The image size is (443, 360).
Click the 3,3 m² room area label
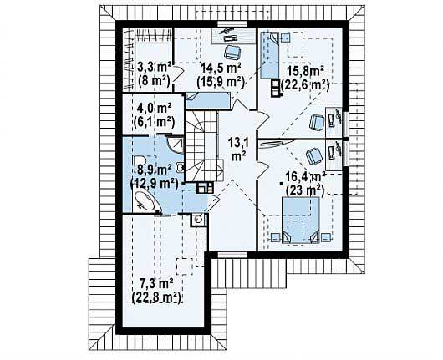pyautogui.click(x=155, y=68)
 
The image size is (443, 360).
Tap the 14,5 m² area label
pyautogui.click(x=221, y=68)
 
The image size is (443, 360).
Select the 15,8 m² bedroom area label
pyautogui.click(x=306, y=71)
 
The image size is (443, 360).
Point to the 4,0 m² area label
pyautogui.click(x=155, y=108)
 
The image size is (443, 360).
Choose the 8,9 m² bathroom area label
pyautogui.click(x=155, y=170)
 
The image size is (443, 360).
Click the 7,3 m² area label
pyautogui.click(x=156, y=284)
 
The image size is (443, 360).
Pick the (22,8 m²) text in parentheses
pyautogui.click(x=156, y=297)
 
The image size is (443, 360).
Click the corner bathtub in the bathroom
pyautogui.click(x=146, y=201)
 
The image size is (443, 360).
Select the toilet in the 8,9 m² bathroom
pyautogui.click(x=139, y=160)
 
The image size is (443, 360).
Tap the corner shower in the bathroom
pyautogui.click(x=175, y=144)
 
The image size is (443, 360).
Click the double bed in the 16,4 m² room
pyautogui.click(x=301, y=220)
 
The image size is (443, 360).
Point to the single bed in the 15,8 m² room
pyautogui.click(x=269, y=55)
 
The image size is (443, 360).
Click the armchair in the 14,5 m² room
pyautogui.click(x=232, y=52)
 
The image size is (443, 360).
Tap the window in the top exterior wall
pyautogui.click(x=232, y=23)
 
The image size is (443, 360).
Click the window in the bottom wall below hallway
pyautogui.click(x=232, y=255)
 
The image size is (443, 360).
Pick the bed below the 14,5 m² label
pyautogui.click(x=208, y=100)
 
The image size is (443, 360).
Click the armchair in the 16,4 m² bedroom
pyautogui.click(x=314, y=156)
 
